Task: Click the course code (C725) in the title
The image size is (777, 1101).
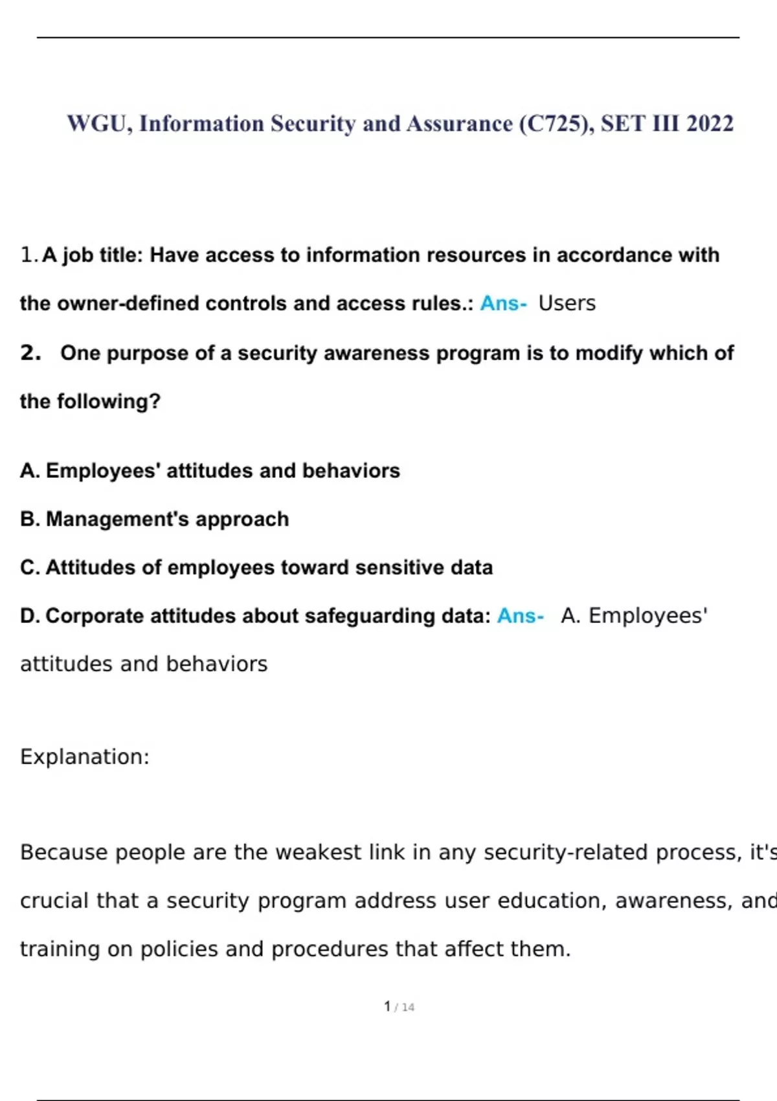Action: (554, 123)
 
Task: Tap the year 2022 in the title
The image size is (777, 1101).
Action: (710, 123)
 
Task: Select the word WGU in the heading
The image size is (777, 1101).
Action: (100, 123)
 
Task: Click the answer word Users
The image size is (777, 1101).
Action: (567, 303)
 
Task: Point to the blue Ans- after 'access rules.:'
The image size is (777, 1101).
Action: (503, 303)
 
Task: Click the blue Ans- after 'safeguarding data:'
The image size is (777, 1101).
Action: (520, 615)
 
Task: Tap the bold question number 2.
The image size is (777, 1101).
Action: (30, 352)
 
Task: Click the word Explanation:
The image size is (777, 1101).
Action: (85, 756)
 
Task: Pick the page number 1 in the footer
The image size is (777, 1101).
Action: (387, 1006)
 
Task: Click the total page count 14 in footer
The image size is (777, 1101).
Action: (408, 1007)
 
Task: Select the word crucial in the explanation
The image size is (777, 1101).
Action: (54, 900)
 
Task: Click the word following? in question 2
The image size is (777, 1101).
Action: (109, 402)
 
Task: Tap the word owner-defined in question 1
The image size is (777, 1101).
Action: (128, 303)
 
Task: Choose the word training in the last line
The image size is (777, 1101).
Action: (60, 949)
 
